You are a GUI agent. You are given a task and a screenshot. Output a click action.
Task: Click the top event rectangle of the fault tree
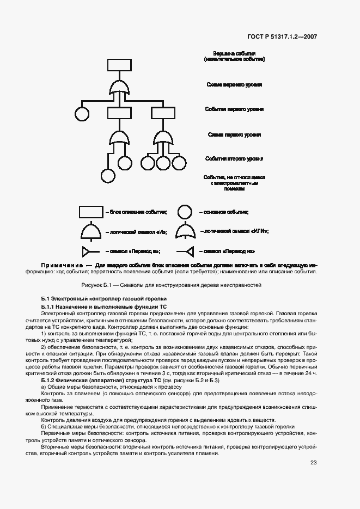click(x=119, y=65)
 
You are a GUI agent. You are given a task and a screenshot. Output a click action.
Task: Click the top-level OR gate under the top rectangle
click(x=119, y=87)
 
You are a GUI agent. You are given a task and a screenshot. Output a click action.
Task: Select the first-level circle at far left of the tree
click(x=82, y=114)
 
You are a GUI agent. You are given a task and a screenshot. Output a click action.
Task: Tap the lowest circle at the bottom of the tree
click(x=108, y=176)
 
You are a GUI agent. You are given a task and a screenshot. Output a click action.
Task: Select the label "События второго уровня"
click(x=234, y=158)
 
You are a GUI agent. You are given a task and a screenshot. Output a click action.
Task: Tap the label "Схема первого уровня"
click(x=234, y=134)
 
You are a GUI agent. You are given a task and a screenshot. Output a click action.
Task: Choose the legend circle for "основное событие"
click(x=186, y=212)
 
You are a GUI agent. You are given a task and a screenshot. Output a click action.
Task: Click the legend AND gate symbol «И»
click(x=91, y=232)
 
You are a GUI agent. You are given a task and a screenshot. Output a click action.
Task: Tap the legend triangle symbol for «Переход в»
click(x=87, y=251)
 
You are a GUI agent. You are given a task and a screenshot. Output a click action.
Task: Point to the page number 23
click(x=313, y=463)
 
